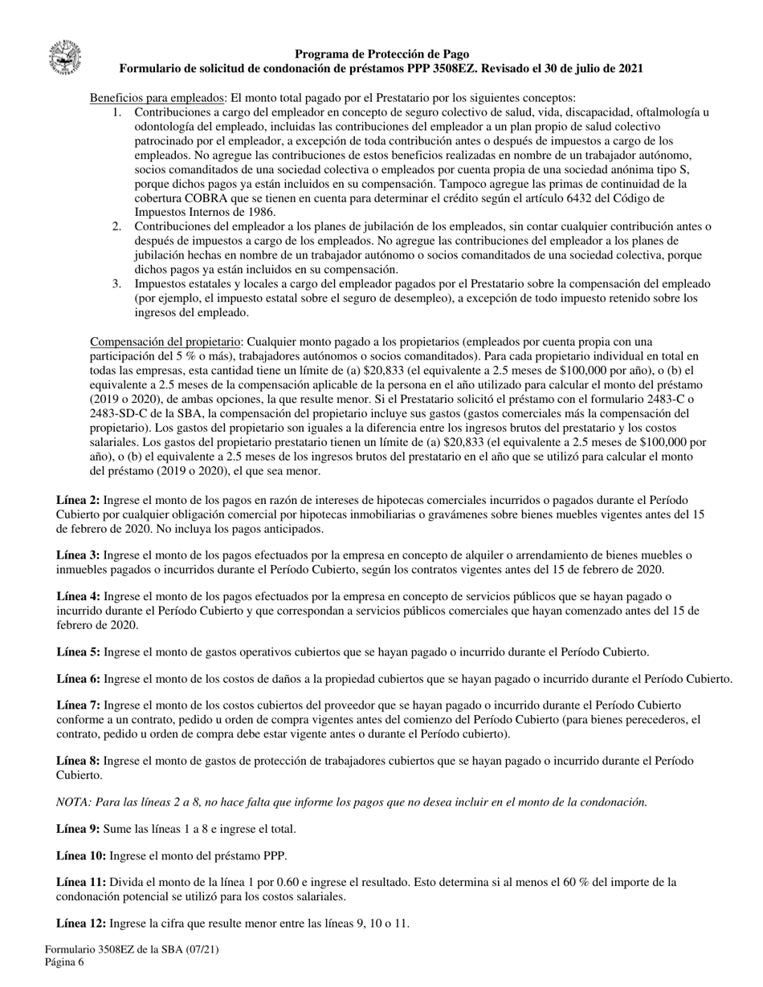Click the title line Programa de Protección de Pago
click(381, 55)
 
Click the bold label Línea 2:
click(78, 500)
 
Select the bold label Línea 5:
click(78, 652)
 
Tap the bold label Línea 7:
click(78, 705)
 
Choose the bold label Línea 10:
click(81, 855)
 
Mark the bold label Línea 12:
click(81, 923)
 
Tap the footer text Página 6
click(65, 963)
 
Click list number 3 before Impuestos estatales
click(117, 284)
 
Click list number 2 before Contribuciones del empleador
click(117, 226)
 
